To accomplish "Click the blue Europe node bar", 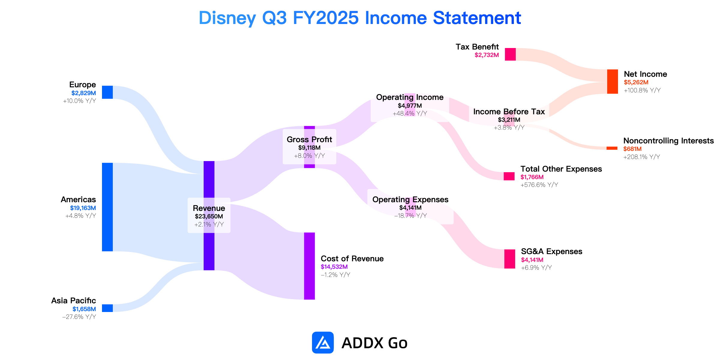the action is [x=107, y=92].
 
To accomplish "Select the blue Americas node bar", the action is [x=107, y=207].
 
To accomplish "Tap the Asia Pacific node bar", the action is [x=107, y=308].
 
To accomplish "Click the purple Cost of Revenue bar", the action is [x=310, y=266].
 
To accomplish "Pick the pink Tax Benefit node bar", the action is [x=510, y=54].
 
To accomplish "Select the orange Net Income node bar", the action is [x=613, y=82].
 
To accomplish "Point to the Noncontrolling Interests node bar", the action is [x=612, y=148].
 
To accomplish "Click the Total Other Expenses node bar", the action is [x=509, y=176].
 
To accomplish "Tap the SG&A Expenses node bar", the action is [x=510, y=259].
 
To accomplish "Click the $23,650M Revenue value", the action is [x=209, y=216].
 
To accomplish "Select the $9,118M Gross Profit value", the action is [x=309, y=148].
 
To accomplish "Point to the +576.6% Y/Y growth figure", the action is [x=539, y=185].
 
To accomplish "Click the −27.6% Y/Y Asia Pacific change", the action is [x=79, y=317].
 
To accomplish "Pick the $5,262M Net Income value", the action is [x=636, y=82].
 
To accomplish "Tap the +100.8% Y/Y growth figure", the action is [x=642, y=90].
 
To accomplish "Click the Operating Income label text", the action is [x=410, y=97].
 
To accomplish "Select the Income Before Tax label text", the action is [x=509, y=112].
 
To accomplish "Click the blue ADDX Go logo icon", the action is [x=323, y=343].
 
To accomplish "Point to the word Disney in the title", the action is [x=227, y=18].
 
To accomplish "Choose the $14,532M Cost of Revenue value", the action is [x=334, y=267].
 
